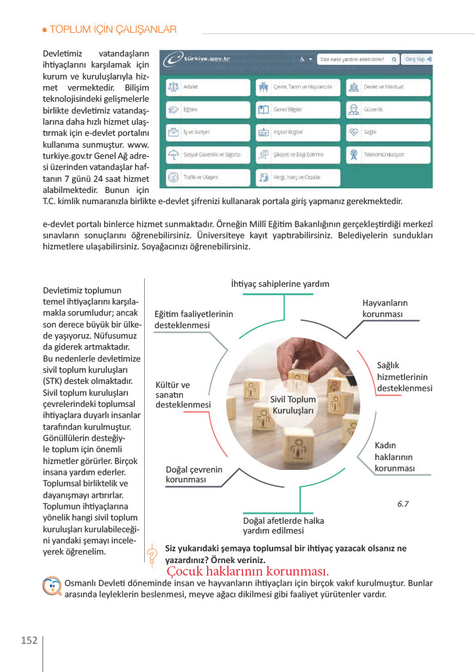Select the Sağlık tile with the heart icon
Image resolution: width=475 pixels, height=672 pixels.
388,132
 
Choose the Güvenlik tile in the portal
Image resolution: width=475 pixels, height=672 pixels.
388,110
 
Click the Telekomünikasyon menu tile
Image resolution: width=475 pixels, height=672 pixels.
388,155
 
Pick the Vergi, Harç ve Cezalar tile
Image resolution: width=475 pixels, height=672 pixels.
297,177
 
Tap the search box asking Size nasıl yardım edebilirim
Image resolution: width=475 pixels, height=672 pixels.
358,59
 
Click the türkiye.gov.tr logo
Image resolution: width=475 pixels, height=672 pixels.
199,59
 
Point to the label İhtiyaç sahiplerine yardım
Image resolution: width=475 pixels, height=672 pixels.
280,284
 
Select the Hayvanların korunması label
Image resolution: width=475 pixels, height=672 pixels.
385,308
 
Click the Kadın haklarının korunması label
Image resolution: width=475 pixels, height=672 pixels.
394,457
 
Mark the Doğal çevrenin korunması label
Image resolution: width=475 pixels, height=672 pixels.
194,475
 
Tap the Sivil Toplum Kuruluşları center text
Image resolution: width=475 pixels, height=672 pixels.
294,405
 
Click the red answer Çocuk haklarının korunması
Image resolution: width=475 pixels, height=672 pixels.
247,571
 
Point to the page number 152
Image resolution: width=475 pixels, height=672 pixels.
29,640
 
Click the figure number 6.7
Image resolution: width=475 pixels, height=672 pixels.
403,505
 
